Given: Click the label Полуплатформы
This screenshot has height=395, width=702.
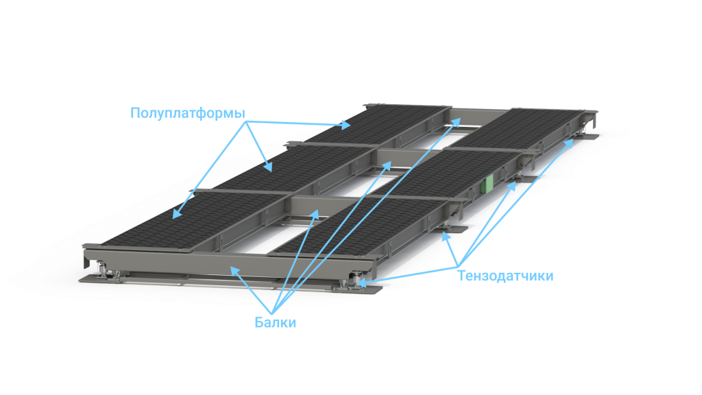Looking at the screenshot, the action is tap(188, 113).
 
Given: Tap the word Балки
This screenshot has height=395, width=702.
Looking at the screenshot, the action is tap(276, 322).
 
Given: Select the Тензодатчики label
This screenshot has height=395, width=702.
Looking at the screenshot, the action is tap(505, 276).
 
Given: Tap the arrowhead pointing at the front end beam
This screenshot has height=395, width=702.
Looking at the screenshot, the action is tap(234, 270).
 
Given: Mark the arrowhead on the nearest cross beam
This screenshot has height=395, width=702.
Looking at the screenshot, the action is tap(315, 215).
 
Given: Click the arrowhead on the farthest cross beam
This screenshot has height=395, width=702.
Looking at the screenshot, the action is tap(455, 122).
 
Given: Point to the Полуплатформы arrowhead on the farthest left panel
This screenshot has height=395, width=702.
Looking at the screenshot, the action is tap(346, 125).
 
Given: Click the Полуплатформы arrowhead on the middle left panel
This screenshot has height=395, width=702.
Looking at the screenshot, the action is tap(268, 167).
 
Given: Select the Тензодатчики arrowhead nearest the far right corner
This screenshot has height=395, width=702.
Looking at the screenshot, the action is tap(569, 143).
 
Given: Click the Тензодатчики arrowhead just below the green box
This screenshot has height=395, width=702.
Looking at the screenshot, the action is tap(511, 186).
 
